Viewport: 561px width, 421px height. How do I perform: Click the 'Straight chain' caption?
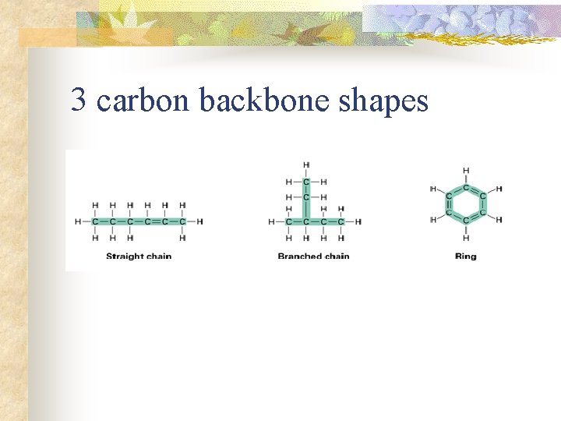(x=139, y=256)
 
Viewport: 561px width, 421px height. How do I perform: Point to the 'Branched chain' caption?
(x=313, y=256)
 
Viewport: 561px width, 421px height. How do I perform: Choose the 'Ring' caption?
(x=465, y=256)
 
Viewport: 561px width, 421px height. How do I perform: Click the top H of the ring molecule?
(x=466, y=171)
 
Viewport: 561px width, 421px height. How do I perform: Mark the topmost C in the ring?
(x=466, y=188)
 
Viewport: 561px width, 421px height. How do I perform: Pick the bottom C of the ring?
(x=466, y=221)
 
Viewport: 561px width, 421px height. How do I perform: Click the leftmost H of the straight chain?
(x=78, y=221)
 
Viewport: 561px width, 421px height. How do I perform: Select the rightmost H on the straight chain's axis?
(x=200, y=221)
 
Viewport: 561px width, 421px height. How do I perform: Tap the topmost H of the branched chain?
(x=306, y=165)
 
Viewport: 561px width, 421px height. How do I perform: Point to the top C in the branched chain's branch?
(x=306, y=182)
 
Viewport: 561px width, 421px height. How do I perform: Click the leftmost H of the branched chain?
(x=272, y=221)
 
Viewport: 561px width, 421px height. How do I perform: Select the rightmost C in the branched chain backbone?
(x=341, y=221)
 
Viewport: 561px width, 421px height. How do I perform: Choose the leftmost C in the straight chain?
(x=95, y=221)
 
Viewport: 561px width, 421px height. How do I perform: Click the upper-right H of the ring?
(x=499, y=189)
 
